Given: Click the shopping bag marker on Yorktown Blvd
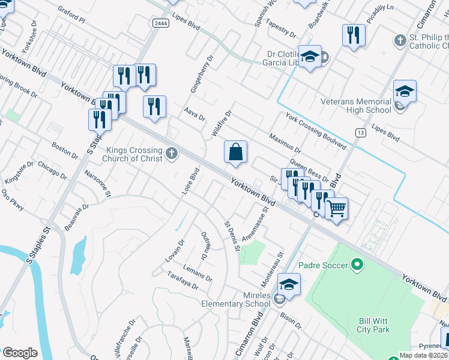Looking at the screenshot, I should coord(236,152).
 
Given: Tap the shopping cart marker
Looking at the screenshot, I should coord(336,209).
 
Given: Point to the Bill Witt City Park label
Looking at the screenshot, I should coord(374,325).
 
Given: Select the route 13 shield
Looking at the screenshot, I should coord(360,132).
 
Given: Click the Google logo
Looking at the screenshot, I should coord(20,352).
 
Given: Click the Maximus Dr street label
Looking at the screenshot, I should coord(285,143).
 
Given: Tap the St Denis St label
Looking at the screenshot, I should coord(232,236).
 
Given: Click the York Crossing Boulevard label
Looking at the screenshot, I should coord(316,131).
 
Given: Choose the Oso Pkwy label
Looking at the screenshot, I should coord(12,200).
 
